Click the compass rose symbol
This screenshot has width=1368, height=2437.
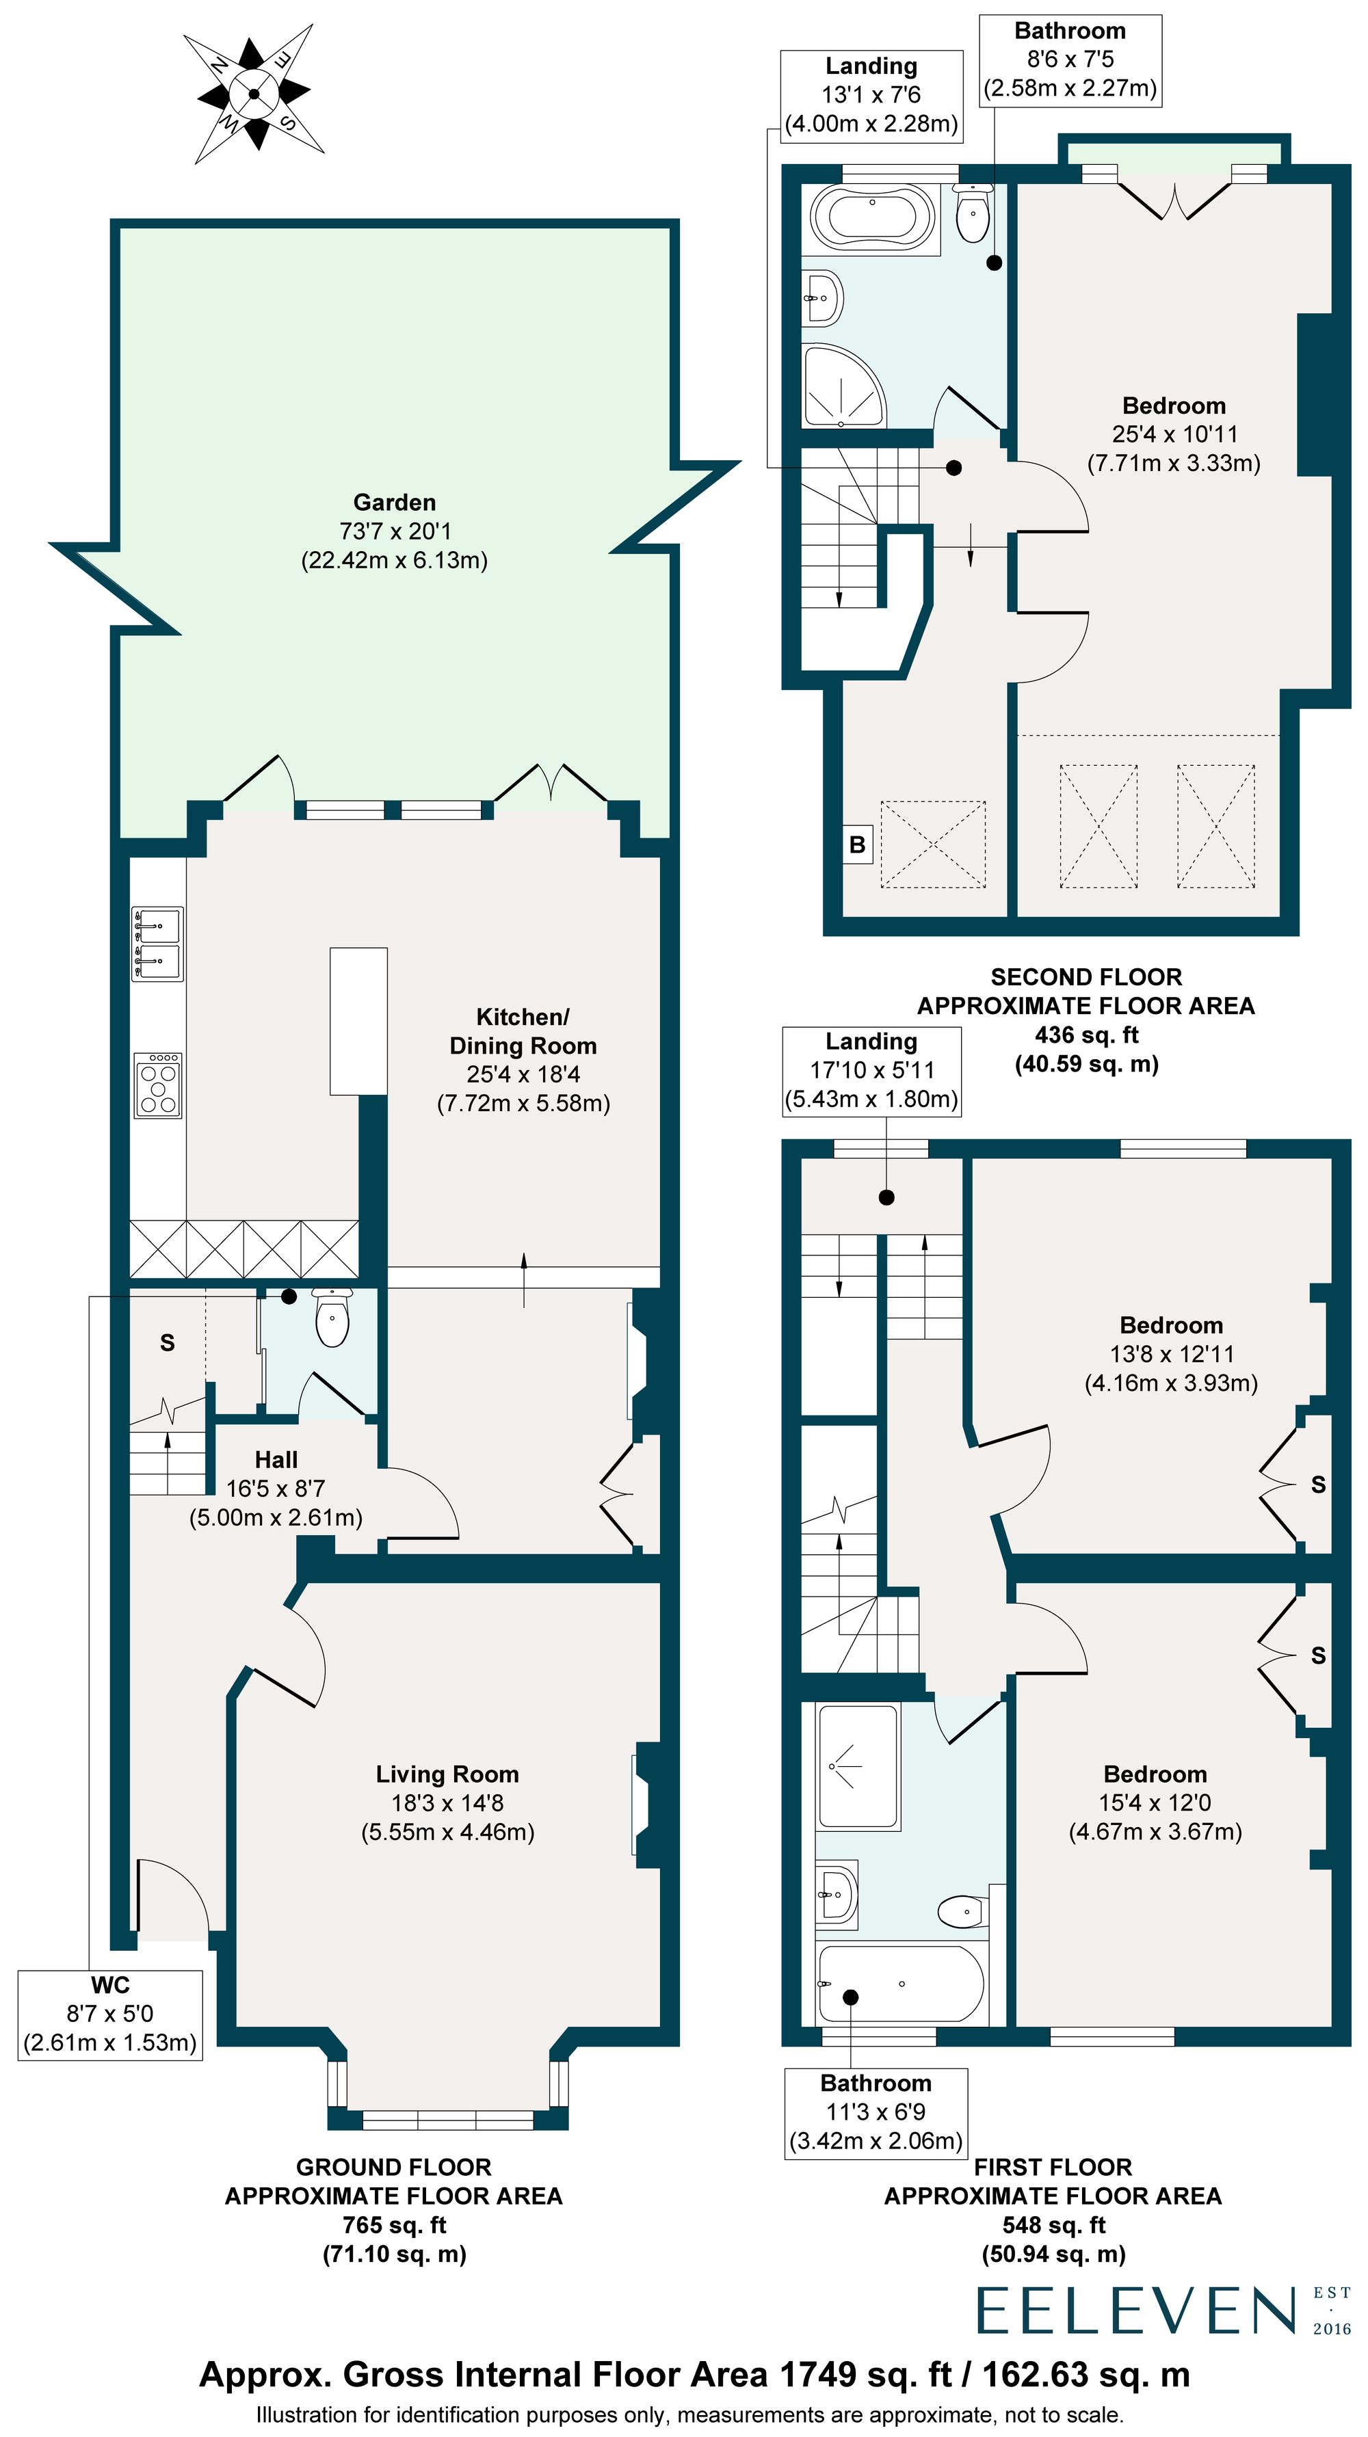coord(254,93)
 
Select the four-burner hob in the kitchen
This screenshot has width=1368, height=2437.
coord(158,1086)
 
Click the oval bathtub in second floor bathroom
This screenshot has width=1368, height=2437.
coord(872,217)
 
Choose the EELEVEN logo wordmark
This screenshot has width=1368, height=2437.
coord(1135,2311)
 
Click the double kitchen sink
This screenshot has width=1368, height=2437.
coord(158,943)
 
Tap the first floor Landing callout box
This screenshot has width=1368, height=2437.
coord(871,1071)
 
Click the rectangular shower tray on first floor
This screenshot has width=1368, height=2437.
coord(857,1766)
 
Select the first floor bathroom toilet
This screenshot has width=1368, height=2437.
coord(963,1911)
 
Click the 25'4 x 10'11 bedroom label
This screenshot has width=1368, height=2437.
coord(1174,434)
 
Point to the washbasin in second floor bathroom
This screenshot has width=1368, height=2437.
coord(822,298)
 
